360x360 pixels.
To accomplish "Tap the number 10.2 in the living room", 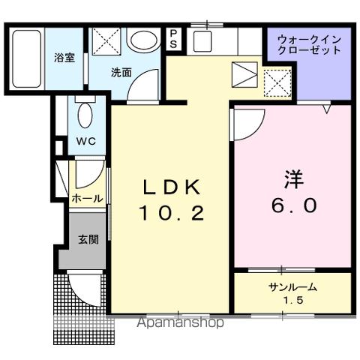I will [x=171, y=214].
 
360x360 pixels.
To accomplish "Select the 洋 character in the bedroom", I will [x=293, y=178].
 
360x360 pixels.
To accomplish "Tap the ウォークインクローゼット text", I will [x=309, y=44].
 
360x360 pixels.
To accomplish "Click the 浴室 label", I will [x=62, y=57].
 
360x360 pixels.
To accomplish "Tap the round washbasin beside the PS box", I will [x=139, y=40].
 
